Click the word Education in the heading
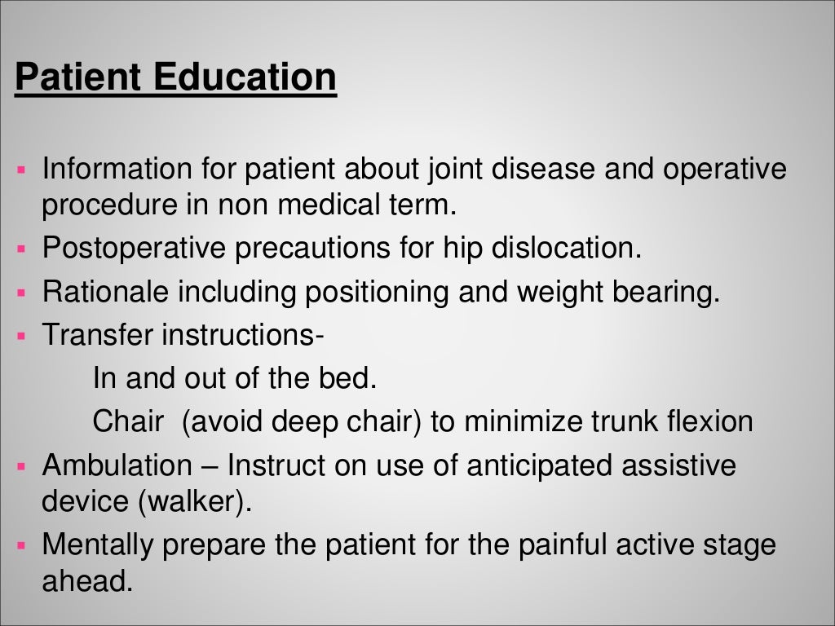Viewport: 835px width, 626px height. pos(244,78)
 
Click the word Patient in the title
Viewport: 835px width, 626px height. pos(78,78)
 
